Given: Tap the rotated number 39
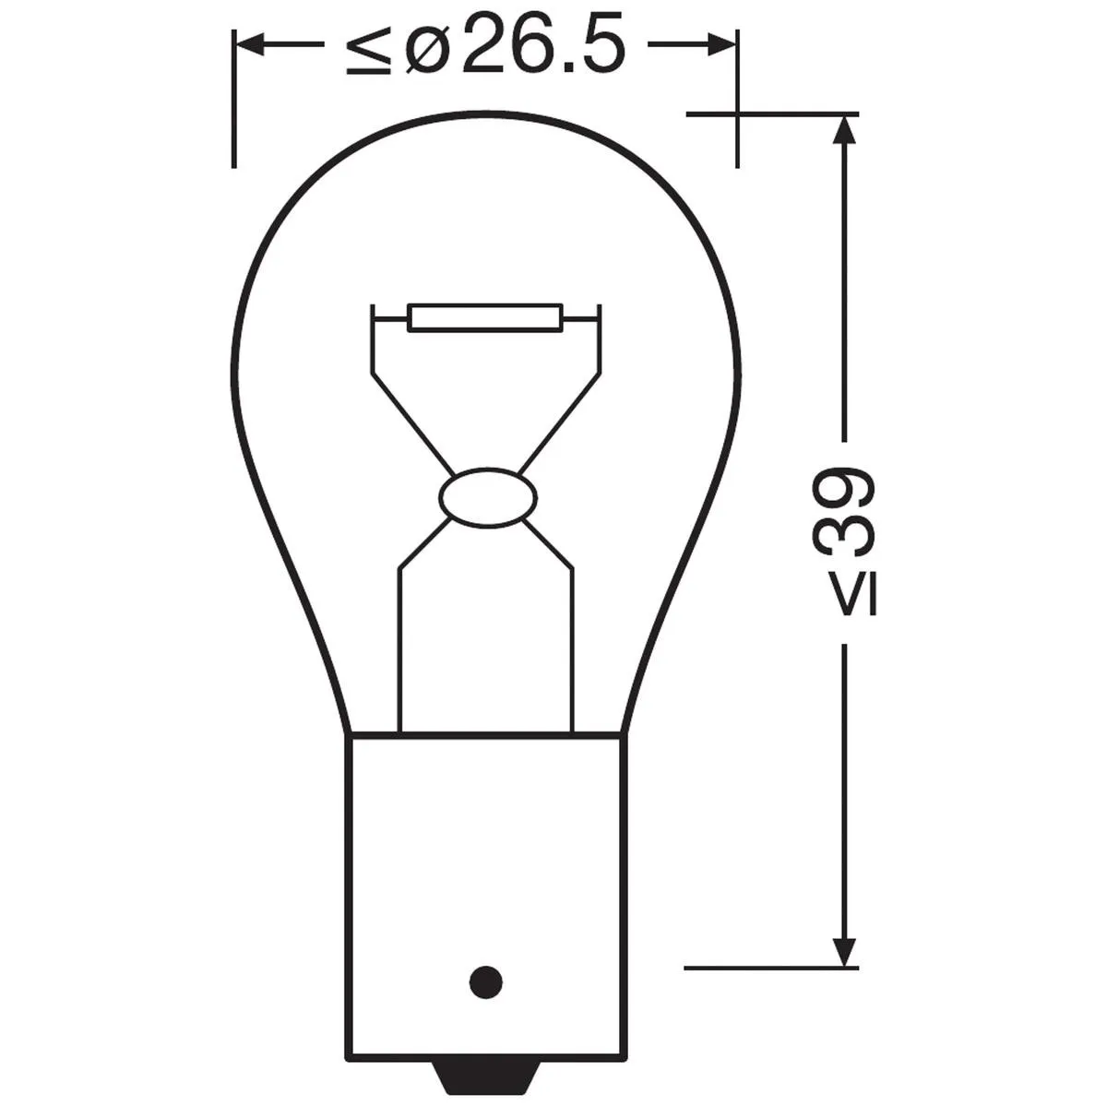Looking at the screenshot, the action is [x=844, y=513].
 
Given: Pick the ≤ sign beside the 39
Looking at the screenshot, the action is [x=855, y=598].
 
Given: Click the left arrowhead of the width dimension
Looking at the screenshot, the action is [x=251, y=44].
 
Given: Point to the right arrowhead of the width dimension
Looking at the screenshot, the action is [x=720, y=44].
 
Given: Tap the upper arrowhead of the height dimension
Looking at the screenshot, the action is [x=844, y=130].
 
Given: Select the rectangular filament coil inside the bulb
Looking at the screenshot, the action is [x=485, y=317].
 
